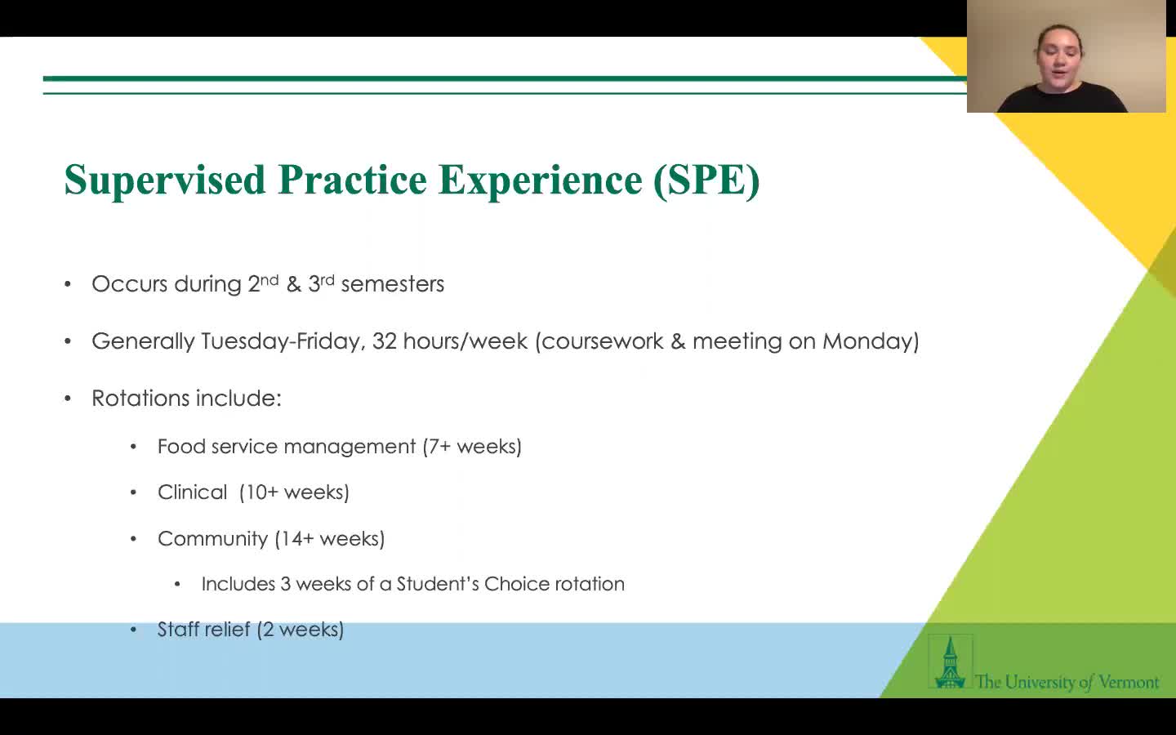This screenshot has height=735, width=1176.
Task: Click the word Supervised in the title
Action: pos(165,180)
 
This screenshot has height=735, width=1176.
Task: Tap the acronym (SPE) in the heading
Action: pos(706,180)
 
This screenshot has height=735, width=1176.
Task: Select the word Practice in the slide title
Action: pos(352,179)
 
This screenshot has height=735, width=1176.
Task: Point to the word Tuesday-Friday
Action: pos(282,341)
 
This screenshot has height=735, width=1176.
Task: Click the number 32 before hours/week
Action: pos(385,341)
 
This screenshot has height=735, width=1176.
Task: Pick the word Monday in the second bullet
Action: pos(868,341)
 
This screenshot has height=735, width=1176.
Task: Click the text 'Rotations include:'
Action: pos(186,398)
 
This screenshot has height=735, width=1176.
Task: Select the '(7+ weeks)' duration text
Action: pos(472,447)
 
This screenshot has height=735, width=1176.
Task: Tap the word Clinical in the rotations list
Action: pos(192,492)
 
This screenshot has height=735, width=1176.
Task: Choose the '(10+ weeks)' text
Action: pos(294,492)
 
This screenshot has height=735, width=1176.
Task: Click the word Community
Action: pos(212,539)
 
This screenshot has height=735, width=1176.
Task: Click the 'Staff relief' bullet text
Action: pos(203,630)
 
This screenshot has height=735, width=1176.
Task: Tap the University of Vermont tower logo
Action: pos(951,661)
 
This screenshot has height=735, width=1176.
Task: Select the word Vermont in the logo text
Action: pos(1129,682)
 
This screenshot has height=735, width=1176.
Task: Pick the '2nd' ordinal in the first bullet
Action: pos(263,283)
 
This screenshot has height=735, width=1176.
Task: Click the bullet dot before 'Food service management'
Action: pos(133,447)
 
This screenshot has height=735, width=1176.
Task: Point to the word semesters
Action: pos(393,284)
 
